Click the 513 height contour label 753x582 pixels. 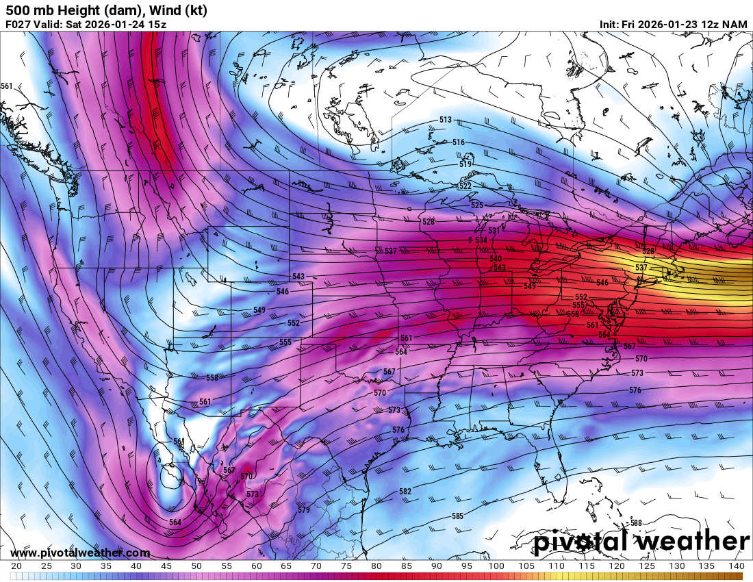tap(446, 120)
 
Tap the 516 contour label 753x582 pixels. tap(459, 142)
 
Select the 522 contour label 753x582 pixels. tap(465, 186)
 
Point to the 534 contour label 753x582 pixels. tap(481, 240)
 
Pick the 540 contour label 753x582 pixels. tap(496, 258)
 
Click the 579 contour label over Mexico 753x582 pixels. tap(304, 509)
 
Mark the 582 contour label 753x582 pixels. tap(405, 492)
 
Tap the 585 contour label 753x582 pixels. tap(457, 516)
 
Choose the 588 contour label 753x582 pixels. tap(636, 522)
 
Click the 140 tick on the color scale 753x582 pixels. tap(736, 566)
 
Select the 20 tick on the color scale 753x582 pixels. tap(16, 566)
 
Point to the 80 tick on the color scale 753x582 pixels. tap(376, 566)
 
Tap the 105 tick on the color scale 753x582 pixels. tap(526, 566)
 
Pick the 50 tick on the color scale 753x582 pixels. tap(196, 566)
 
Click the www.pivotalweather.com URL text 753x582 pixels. tap(80, 553)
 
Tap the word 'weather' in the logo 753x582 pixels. tap(692, 542)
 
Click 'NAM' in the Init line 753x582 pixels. tap(735, 25)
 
